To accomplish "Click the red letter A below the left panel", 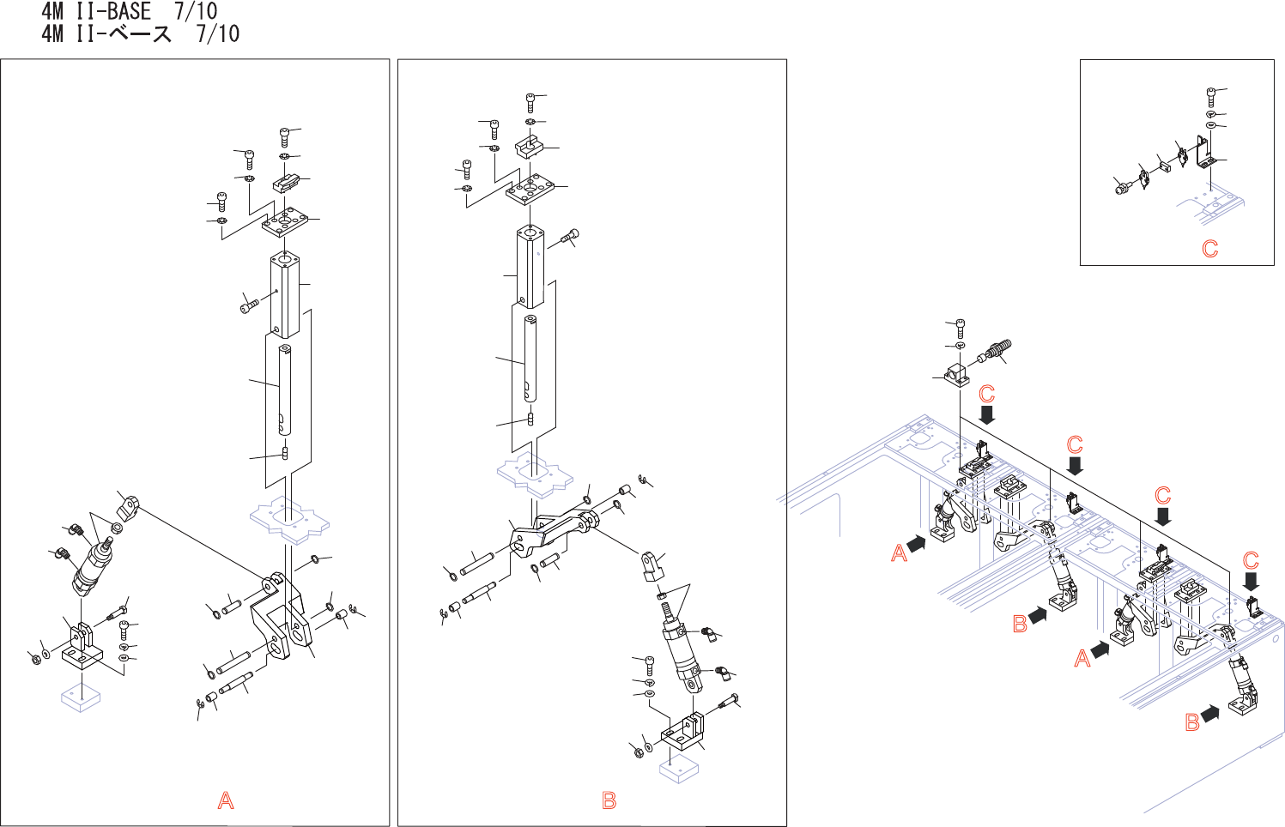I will (226, 800).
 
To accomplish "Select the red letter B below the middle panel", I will (609, 800).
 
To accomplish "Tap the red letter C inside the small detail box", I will (1210, 249).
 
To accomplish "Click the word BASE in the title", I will (129, 12).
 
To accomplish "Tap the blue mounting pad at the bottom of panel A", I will (82, 697).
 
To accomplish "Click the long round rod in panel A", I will (284, 390).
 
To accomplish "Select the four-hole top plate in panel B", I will (532, 190).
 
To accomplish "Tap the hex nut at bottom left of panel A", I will (35, 659).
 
